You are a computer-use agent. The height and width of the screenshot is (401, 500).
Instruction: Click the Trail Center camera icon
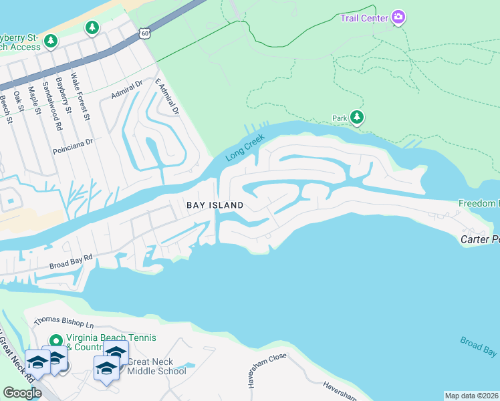tap(398, 17)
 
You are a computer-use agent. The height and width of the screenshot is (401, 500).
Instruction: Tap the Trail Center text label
tap(364, 18)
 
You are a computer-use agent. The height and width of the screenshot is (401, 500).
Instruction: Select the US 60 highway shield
tap(145, 32)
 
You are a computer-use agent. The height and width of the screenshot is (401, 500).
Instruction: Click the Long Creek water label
tap(245, 148)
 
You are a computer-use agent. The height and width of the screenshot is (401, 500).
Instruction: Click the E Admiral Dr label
tap(167, 96)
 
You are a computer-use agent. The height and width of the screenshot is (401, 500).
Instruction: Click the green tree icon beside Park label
tap(357, 118)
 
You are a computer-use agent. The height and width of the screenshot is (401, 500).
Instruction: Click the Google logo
tap(22, 393)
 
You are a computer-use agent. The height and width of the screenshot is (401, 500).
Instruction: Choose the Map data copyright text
tap(472, 396)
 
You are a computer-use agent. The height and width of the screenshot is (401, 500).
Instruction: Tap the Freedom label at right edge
tap(479, 203)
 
